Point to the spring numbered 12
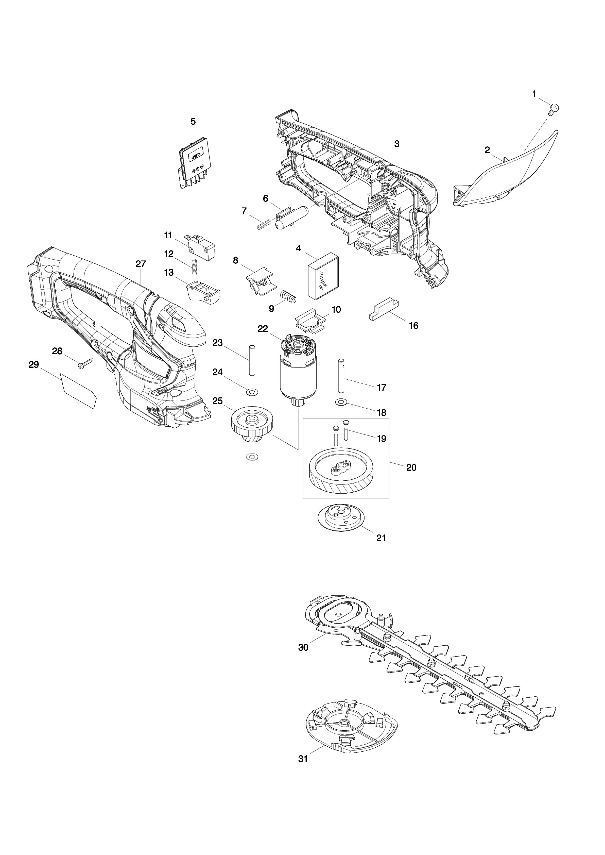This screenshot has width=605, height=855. coord(194,267)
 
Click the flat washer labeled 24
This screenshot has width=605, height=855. coord(252,392)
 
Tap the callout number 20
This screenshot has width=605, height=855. coord(411,467)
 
